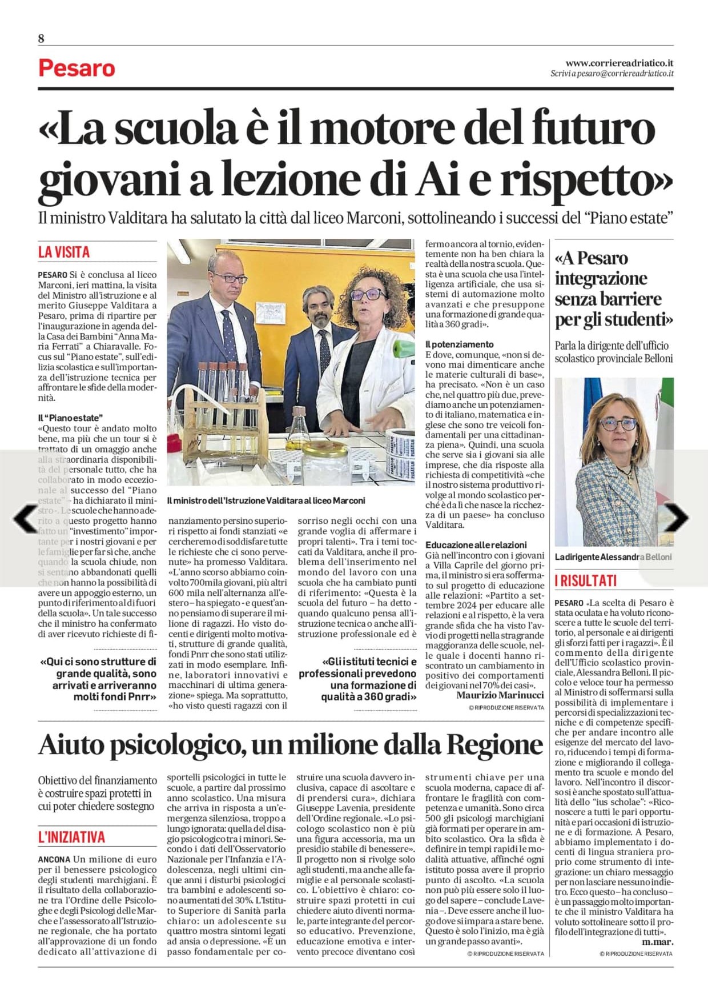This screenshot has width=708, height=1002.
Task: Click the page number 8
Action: [x=41, y=39]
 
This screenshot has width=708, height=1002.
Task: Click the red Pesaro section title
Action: [x=77, y=69]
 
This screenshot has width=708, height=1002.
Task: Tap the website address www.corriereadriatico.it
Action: [x=619, y=63]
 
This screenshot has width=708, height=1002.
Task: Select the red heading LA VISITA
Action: [x=64, y=252]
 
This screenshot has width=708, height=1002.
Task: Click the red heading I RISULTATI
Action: [x=586, y=581]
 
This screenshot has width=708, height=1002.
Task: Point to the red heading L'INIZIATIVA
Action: [x=71, y=837]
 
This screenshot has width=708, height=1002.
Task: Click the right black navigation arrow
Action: [x=676, y=518]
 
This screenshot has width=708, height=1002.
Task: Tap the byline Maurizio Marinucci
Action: [x=500, y=695]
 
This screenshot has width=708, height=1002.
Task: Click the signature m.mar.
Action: [x=657, y=941]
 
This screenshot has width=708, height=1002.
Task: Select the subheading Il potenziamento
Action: [x=459, y=344]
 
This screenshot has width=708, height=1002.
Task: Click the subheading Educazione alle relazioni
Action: [x=476, y=545]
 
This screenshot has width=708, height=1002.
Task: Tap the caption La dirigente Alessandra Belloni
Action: [x=613, y=556]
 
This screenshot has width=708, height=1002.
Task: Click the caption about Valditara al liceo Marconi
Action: [x=266, y=500]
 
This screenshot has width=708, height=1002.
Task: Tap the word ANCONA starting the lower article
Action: [x=54, y=859]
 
